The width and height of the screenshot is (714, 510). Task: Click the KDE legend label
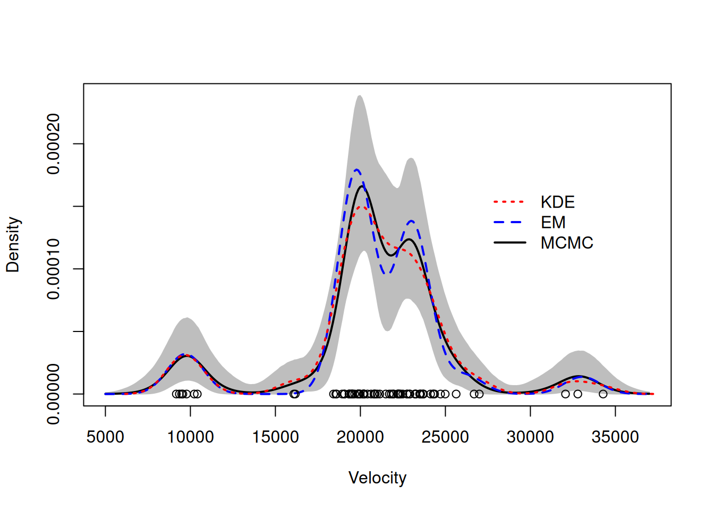(557, 202)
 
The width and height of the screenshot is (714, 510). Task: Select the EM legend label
(553, 223)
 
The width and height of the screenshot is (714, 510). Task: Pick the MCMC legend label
(566, 243)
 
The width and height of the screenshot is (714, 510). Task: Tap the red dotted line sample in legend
(509, 202)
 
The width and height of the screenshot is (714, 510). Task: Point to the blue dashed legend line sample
(509, 223)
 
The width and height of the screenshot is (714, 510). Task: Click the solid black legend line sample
(509, 243)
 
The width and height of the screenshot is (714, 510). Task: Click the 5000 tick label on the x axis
(105, 437)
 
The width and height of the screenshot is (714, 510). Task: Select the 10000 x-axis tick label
(190, 437)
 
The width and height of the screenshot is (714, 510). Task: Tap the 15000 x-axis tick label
(275, 437)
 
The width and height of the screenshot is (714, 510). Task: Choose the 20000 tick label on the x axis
(360, 437)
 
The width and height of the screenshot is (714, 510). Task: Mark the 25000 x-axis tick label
(445, 437)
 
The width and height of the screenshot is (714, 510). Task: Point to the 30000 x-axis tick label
(530, 437)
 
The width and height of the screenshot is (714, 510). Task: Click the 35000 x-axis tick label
(615, 437)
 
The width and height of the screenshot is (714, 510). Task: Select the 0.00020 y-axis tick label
(54, 143)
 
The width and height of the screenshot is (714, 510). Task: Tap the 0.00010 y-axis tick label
(54, 269)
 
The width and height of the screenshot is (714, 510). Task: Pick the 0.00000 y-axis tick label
(54, 394)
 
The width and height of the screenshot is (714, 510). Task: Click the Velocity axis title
(377, 478)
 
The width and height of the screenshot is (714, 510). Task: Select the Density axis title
(13, 244)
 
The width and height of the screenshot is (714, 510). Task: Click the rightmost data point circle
(603, 394)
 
